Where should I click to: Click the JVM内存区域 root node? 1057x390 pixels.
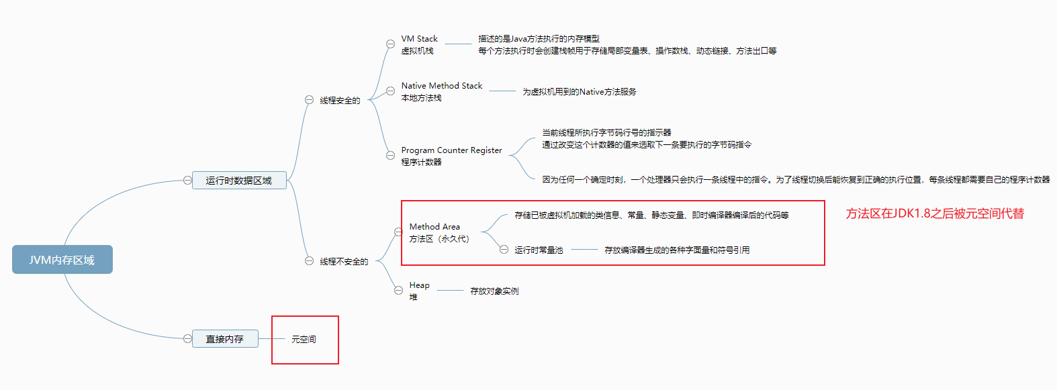tap(62, 260)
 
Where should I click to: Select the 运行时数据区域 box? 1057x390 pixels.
tap(239, 181)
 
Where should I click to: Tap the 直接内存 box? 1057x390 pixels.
tap(225, 339)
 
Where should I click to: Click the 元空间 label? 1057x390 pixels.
tap(304, 340)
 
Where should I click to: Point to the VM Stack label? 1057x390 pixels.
tap(419, 39)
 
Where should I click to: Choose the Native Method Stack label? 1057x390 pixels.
tap(441, 86)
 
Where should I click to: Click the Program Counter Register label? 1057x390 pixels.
tap(451, 150)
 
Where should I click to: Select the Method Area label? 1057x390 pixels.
tap(434, 227)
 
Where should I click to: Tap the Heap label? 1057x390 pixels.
tap(419, 285)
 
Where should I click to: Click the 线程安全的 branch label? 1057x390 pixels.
tap(340, 101)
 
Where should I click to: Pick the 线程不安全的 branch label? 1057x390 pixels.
tap(344, 262)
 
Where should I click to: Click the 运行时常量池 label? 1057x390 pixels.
tap(539, 250)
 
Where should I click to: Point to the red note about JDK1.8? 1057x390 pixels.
tap(935, 213)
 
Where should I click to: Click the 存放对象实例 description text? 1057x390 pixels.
tap(494, 291)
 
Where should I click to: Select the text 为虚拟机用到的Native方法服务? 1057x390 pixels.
tap(579, 92)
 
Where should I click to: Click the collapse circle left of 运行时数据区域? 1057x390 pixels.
tap(187, 180)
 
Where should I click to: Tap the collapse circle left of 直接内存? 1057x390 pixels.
tap(187, 339)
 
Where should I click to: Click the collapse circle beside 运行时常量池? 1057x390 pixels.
tap(504, 250)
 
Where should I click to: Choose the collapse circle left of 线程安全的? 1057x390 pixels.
tap(309, 99)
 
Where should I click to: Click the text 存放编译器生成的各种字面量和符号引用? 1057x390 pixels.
tap(677, 250)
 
